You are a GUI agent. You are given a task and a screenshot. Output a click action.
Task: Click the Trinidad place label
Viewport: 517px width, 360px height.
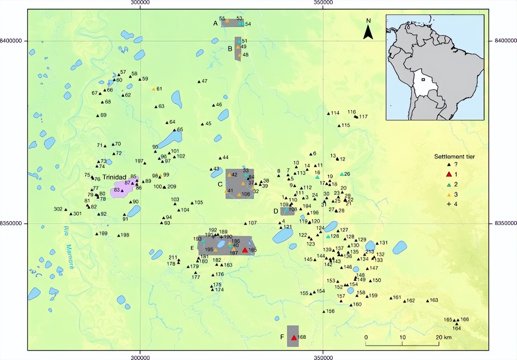114,177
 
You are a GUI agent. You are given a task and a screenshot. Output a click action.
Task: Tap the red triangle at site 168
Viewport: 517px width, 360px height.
294,338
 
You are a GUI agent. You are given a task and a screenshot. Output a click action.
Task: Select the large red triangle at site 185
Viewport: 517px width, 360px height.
245,250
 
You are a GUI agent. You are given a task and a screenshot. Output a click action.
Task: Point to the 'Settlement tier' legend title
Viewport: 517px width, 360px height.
454,157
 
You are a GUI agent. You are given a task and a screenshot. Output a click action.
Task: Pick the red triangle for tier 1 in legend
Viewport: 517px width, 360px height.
449,174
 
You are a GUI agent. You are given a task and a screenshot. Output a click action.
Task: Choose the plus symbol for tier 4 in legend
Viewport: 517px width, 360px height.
449,204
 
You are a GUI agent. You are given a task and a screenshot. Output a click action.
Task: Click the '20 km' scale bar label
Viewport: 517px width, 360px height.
444,337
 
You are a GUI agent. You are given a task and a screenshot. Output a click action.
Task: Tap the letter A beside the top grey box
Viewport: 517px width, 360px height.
215,23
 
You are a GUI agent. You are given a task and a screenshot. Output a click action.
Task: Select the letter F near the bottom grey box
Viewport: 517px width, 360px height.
282,337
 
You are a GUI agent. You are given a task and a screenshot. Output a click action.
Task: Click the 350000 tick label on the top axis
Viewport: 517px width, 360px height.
323,3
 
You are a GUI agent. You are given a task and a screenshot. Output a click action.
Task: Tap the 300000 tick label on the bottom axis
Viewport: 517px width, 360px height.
140,357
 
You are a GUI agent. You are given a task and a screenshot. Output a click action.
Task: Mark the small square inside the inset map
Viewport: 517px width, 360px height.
423,80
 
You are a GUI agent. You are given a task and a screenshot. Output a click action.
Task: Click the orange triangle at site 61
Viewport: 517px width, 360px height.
154,89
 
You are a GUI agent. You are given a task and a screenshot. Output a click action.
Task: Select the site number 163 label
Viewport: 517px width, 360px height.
434,300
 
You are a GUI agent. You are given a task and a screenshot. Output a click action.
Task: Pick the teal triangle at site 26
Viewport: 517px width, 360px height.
342,174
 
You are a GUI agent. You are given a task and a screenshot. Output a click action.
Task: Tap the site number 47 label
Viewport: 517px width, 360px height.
205,81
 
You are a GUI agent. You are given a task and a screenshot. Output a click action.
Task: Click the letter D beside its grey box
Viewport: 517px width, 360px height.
276,211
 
